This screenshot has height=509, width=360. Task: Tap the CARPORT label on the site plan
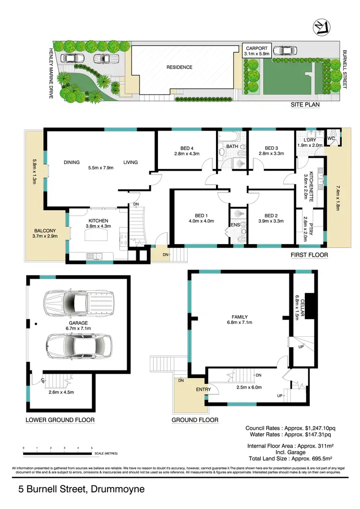(257, 48)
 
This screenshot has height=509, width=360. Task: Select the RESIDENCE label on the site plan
(180, 67)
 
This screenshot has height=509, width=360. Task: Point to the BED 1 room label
(196, 215)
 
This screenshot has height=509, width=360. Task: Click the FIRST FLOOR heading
(310, 255)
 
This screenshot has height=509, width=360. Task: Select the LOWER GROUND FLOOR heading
(60, 420)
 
